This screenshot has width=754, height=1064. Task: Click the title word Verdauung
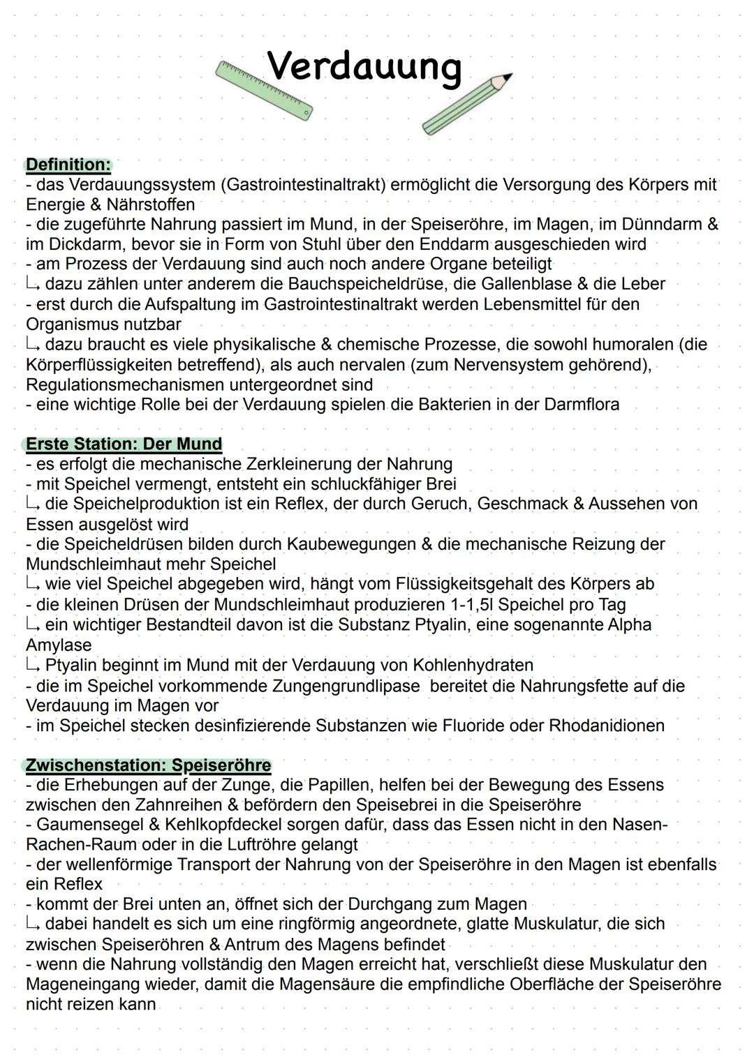point(364,68)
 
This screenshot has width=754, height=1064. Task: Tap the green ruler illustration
point(264,90)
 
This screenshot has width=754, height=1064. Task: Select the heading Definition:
point(68,165)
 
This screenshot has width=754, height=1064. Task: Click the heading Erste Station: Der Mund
point(124,444)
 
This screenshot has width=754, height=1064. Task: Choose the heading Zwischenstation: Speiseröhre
point(148,765)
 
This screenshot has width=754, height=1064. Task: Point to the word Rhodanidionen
point(607,726)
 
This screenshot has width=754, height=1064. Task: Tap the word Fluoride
point(472,726)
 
